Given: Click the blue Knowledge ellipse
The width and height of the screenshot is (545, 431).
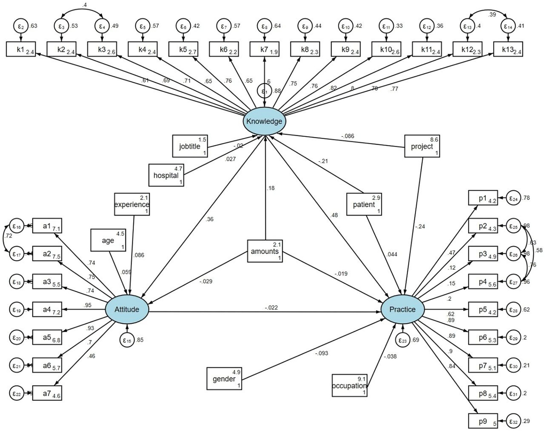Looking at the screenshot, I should (x=264, y=121).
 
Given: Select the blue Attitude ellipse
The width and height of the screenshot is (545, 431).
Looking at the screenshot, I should (x=127, y=309).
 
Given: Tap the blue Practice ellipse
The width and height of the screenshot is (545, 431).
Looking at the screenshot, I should (x=402, y=309).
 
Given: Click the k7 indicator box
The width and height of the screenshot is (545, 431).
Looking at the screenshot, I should (x=264, y=50).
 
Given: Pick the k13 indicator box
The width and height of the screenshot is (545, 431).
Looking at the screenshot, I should (x=508, y=50).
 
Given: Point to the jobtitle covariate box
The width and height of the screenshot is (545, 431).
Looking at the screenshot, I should (x=190, y=146).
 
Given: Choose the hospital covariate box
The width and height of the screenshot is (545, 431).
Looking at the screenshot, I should (x=166, y=175).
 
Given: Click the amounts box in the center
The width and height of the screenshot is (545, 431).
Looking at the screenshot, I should (x=265, y=251).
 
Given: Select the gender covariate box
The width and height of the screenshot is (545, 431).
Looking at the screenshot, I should (x=224, y=379).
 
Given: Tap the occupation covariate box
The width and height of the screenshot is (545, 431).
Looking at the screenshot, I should (x=349, y=385).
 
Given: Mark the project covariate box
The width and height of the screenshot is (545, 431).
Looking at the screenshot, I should (x=422, y=146).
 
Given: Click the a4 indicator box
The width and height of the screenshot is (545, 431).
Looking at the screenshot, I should (x=47, y=309).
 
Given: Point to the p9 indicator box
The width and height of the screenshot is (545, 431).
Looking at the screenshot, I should (x=483, y=421).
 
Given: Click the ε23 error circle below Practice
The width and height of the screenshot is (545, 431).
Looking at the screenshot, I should (x=402, y=340).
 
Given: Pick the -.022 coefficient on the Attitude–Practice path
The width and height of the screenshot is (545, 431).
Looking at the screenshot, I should (x=271, y=308).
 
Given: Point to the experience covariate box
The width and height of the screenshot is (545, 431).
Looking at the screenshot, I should (x=132, y=204).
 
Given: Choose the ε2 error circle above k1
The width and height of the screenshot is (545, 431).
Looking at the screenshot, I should (x=21, y=26).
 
